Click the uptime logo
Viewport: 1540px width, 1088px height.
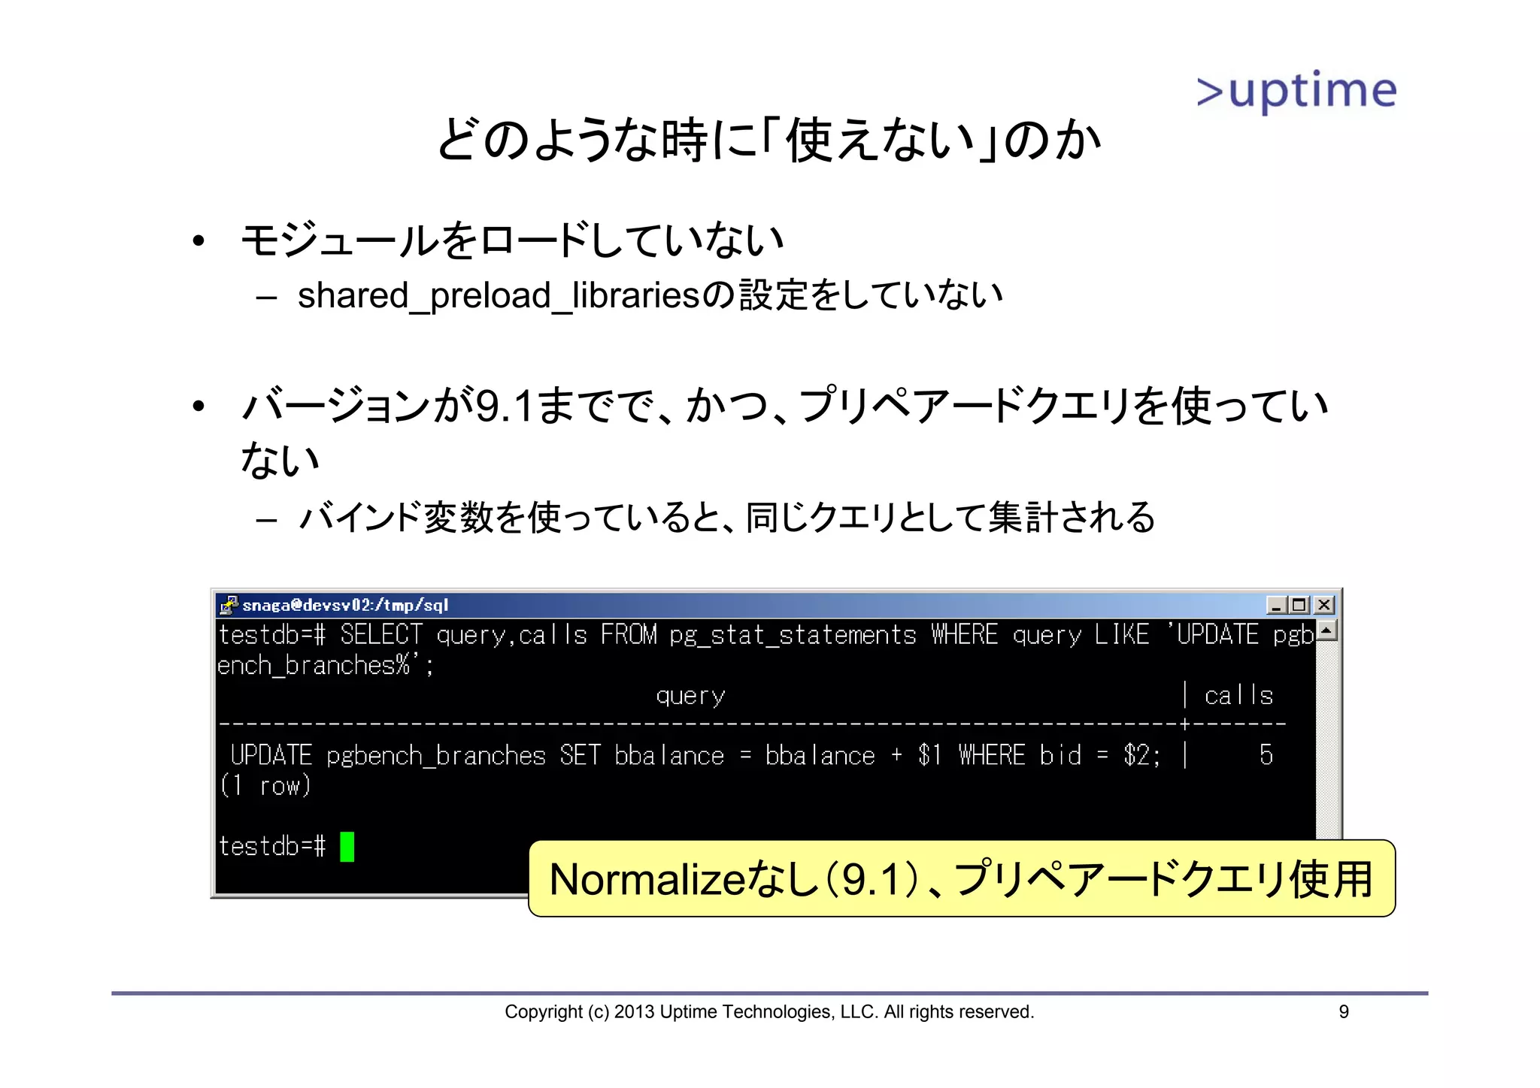click(x=1296, y=92)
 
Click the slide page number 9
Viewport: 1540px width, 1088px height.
click(x=1344, y=1012)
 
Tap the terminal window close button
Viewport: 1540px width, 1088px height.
click(x=1324, y=605)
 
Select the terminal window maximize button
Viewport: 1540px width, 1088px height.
click(x=1299, y=605)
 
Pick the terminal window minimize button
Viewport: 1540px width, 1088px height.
click(x=1276, y=605)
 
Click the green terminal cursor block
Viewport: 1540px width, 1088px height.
click(x=347, y=847)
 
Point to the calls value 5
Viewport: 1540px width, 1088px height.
click(x=1266, y=755)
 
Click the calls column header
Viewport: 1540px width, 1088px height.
click(x=1238, y=696)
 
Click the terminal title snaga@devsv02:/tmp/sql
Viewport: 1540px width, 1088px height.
click(x=345, y=605)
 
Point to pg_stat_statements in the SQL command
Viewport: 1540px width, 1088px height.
click(x=793, y=636)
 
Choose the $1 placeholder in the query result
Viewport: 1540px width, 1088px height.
click(x=929, y=755)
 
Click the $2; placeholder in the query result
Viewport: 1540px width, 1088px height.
click(x=1142, y=755)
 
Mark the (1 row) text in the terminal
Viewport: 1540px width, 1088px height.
click(x=265, y=786)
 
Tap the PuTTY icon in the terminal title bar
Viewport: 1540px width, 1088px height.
click(x=229, y=604)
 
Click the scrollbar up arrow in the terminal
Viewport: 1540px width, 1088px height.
click(x=1327, y=630)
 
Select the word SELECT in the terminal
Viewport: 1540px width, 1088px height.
click(x=381, y=636)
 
